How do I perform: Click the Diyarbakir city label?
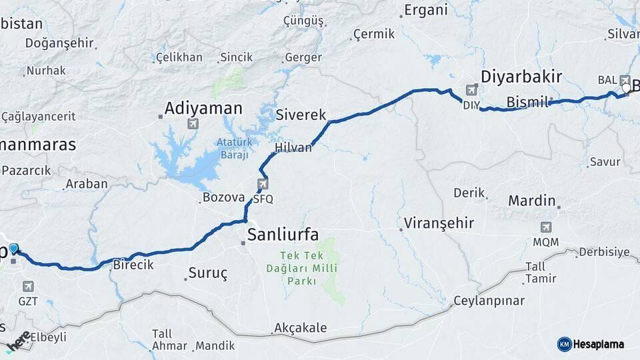(x=522, y=76)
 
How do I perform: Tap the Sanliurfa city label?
(x=283, y=234)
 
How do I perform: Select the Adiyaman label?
(x=195, y=107)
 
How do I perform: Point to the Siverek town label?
(x=301, y=114)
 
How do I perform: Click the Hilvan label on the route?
(x=293, y=148)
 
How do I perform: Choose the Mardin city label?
(x=532, y=201)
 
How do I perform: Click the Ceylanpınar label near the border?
(x=489, y=301)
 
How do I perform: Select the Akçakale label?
(x=300, y=328)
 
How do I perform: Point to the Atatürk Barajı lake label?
(x=232, y=148)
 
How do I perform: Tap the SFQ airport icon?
(x=263, y=185)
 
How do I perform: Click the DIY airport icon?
(x=473, y=89)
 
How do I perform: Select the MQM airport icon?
(x=547, y=227)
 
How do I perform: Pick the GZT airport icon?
(x=28, y=287)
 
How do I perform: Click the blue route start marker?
(x=14, y=249)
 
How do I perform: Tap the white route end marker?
(x=626, y=88)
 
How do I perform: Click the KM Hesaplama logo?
(x=591, y=344)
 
